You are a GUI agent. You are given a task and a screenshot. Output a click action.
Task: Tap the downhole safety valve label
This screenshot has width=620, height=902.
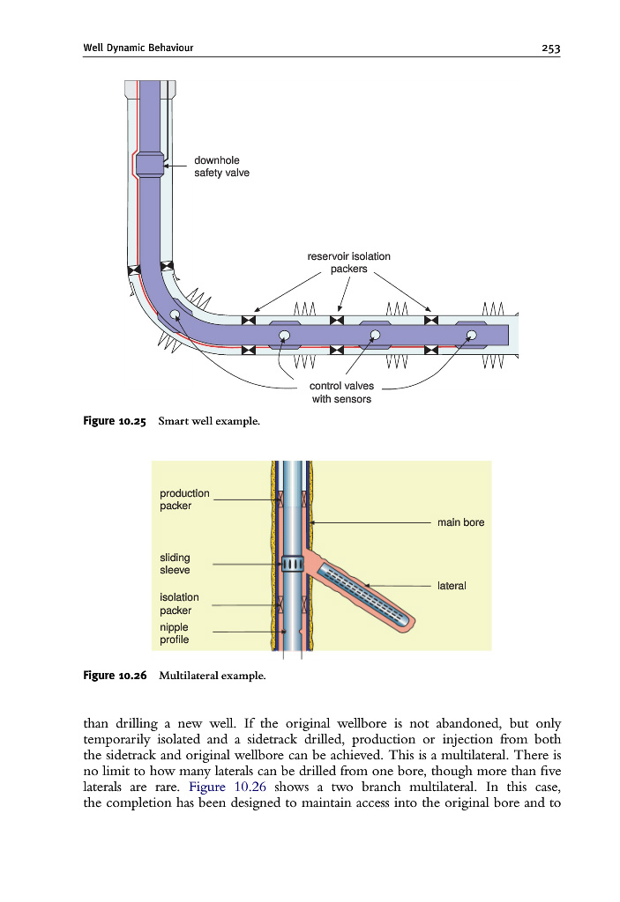[x=221, y=166]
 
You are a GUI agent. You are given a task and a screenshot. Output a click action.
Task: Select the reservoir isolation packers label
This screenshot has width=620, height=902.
[x=348, y=262]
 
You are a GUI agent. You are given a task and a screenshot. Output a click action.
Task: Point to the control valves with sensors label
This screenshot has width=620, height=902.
[x=341, y=393]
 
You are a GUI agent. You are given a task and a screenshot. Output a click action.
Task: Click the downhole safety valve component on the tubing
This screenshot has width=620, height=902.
[x=149, y=163]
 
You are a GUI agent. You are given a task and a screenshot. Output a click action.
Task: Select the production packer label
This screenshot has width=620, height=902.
[x=184, y=499]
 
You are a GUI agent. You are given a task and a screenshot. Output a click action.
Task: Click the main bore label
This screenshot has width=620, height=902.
[x=460, y=522]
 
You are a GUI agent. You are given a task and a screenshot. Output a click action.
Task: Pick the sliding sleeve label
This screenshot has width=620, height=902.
[x=175, y=564]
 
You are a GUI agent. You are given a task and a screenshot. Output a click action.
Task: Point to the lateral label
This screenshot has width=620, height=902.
[x=452, y=585]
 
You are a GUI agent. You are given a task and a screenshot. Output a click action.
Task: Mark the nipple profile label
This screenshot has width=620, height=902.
[x=174, y=633]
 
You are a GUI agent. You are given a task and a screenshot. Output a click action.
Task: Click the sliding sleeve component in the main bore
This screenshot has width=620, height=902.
[x=292, y=564]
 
